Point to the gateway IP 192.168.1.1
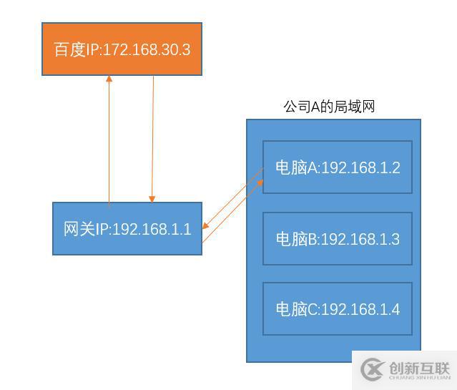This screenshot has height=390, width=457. [152, 229]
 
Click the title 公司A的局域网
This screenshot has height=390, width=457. [329, 107]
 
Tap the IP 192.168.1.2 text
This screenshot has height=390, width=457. [360, 167]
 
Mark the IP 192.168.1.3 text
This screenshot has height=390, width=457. [360, 238]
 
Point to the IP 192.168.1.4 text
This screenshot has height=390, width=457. [360, 309]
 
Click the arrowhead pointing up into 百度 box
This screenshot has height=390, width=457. [109, 79]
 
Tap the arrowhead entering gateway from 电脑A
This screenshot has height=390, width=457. [206, 226]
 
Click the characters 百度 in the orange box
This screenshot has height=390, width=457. [70, 49]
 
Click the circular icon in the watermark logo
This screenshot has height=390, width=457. [373, 369]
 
